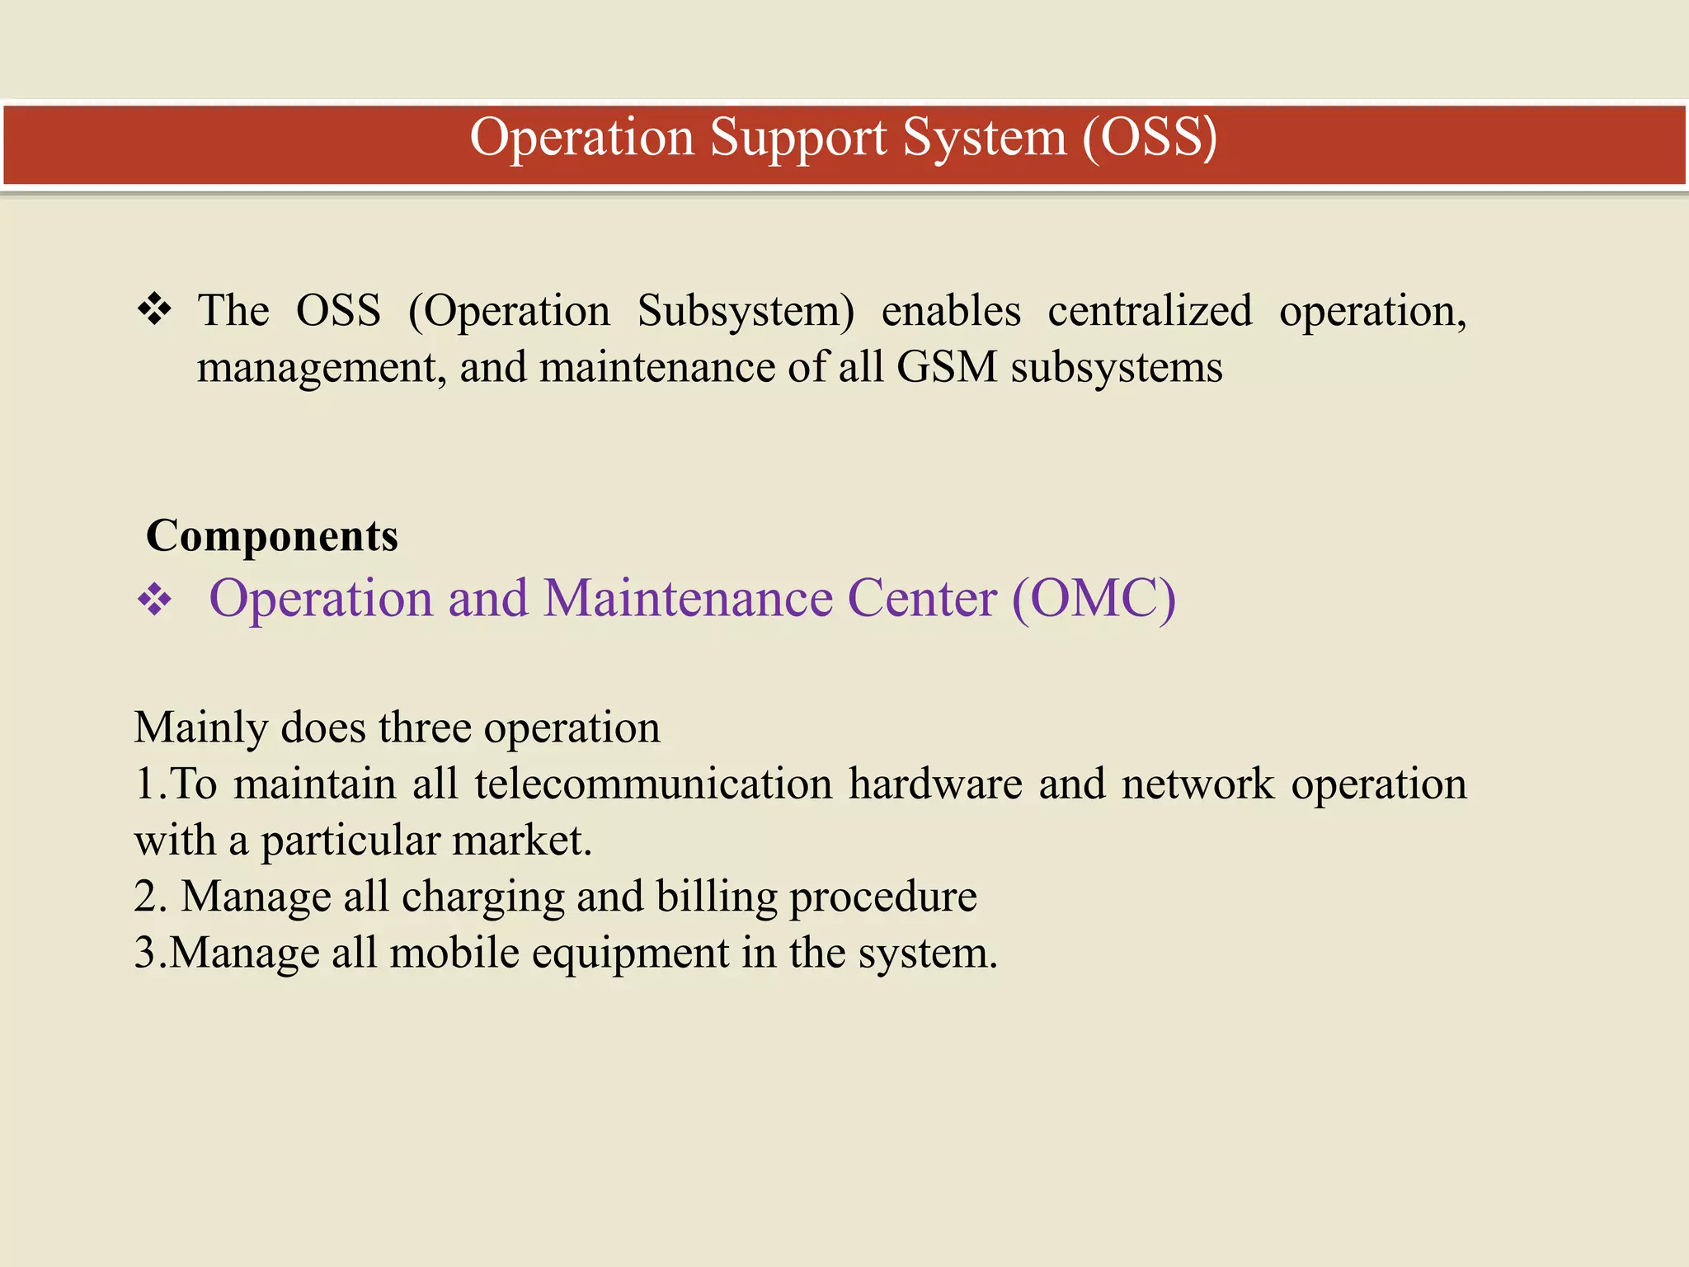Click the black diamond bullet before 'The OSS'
point(154,310)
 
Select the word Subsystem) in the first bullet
point(746,312)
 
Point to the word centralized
point(1150,311)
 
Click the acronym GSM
point(947,367)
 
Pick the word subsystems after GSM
point(1117,369)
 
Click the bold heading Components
point(272,536)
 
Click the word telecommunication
point(653,784)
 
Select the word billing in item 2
point(717,897)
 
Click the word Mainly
point(201,728)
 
